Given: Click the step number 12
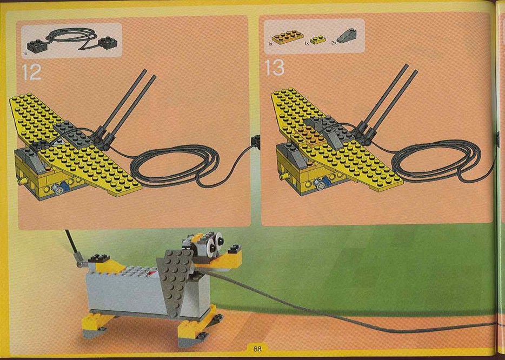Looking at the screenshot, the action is pos(31,72).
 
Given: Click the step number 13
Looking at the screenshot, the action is pos(275,68).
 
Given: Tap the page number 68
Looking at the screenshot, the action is pos(257,349).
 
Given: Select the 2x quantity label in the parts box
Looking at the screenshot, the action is pos(334,43).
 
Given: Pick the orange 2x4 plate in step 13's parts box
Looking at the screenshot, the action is pos(288,37).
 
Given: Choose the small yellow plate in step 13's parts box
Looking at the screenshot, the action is pos(317,39).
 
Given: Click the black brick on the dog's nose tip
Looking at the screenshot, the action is pos(235,249).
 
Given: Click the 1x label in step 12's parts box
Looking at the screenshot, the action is pos(25,54).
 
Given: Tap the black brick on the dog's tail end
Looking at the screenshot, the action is pos(99,258).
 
